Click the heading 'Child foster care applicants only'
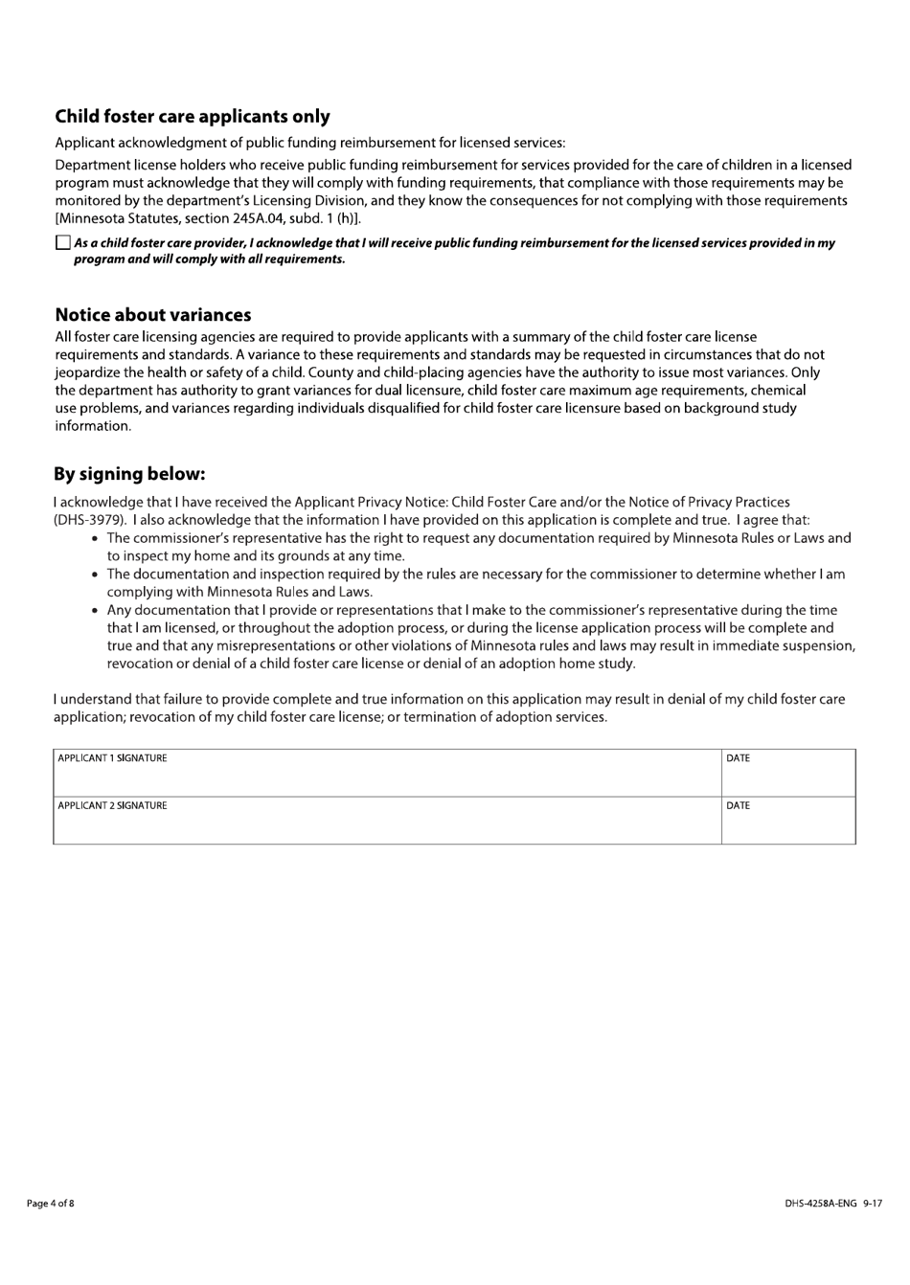coord(192,117)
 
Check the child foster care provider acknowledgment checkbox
coord(63,243)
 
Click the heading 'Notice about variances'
coord(152,315)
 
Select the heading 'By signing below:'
coord(129,474)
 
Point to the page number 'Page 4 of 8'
coord(50,1204)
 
